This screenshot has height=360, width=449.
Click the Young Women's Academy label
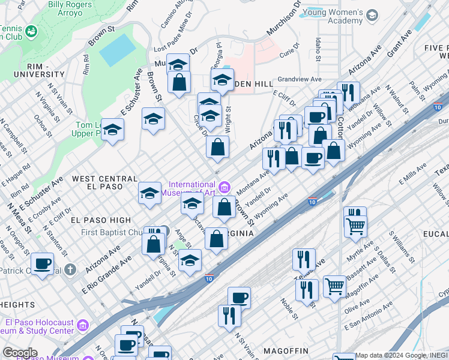tap(334, 16)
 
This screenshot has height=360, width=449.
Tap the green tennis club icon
tap(31, 30)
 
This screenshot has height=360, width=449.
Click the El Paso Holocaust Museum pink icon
tap(83, 325)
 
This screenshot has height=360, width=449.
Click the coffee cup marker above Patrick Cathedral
tap(41, 263)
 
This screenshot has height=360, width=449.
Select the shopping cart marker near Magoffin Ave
tap(334, 285)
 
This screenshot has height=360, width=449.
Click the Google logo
tap(20, 353)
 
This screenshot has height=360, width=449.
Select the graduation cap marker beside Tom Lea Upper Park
tap(112, 129)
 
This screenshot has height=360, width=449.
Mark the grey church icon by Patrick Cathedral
tap(70, 269)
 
